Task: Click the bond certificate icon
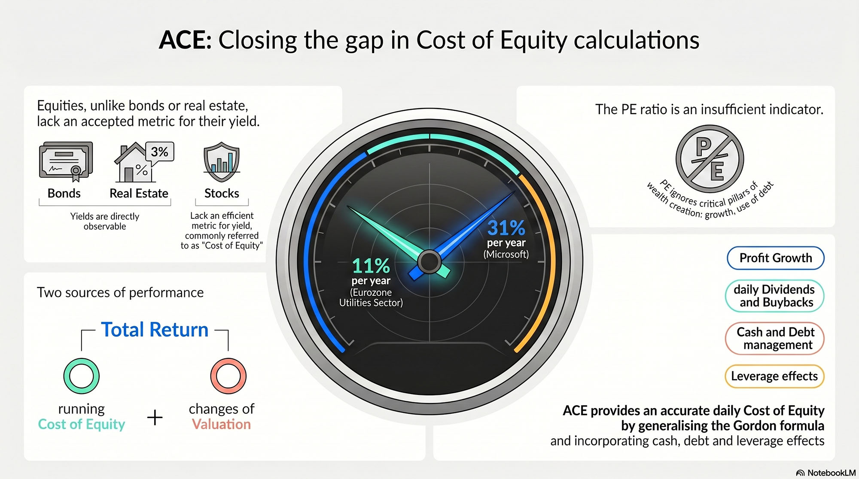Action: [66, 161]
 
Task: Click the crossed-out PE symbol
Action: [710, 159]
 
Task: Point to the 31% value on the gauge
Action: [506, 227]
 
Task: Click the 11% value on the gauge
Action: [371, 266]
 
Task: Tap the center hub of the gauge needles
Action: [429, 261]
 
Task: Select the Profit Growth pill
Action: [776, 258]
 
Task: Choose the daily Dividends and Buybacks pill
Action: [775, 296]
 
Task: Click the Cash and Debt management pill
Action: [775, 338]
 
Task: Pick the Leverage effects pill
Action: [775, 376]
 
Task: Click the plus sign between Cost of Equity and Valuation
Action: [155, 417]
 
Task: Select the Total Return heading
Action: [155, 330]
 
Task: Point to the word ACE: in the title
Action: [185, 40]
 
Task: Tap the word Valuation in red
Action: [221, 424]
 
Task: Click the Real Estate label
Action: [139, 194]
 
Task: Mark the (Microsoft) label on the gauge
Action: [506, 254]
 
